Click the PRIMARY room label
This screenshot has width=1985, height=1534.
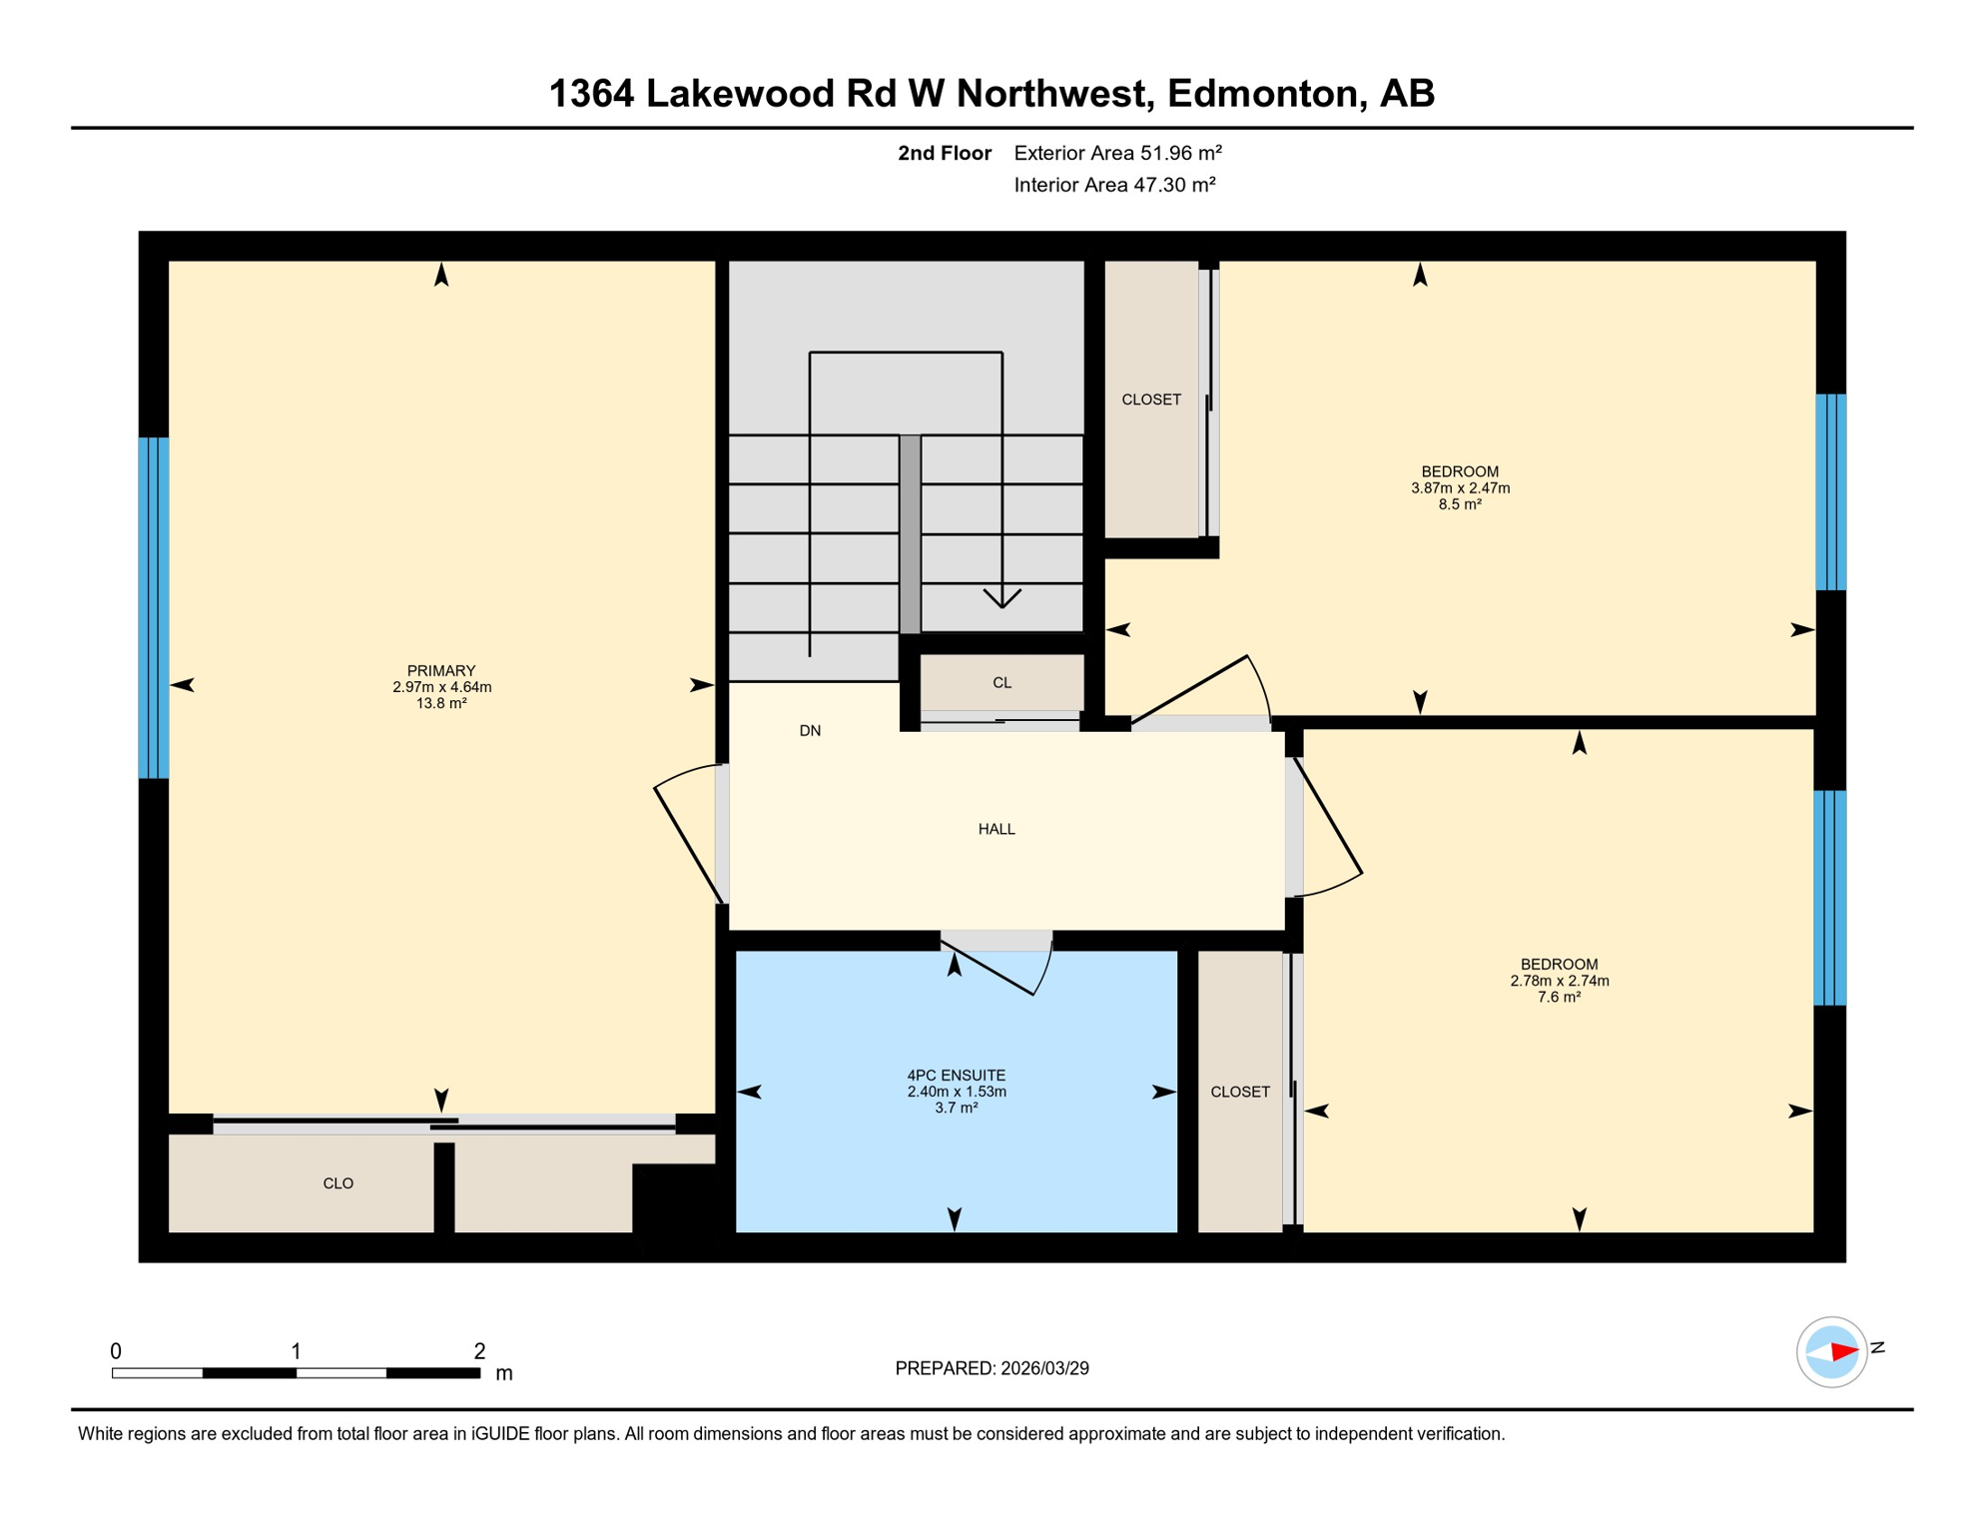[441, 670]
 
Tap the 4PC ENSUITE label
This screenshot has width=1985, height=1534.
[956, 1075]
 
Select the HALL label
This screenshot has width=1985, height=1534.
[996, 829]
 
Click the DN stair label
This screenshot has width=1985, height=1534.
[810, 731]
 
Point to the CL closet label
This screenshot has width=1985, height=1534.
[1001, 683]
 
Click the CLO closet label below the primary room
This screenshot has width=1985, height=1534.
[338, 1183]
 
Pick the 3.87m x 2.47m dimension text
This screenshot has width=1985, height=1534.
[1460, 488]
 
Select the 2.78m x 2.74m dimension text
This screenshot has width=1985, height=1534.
[1559, 981]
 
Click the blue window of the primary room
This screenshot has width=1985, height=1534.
[154, 607]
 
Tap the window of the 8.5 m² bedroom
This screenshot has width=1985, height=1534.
[1830, 492]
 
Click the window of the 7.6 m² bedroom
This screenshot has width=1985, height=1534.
[1829, 897]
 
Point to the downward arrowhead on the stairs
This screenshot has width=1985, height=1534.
[1001, 598]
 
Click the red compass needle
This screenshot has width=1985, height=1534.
[1843, 1352]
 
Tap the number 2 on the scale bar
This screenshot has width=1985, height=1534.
[479, 1351]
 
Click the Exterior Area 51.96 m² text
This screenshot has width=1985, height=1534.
[1117, 153]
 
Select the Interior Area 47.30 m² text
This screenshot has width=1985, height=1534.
[1114, 185]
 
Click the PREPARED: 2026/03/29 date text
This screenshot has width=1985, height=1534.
[992, 1368]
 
